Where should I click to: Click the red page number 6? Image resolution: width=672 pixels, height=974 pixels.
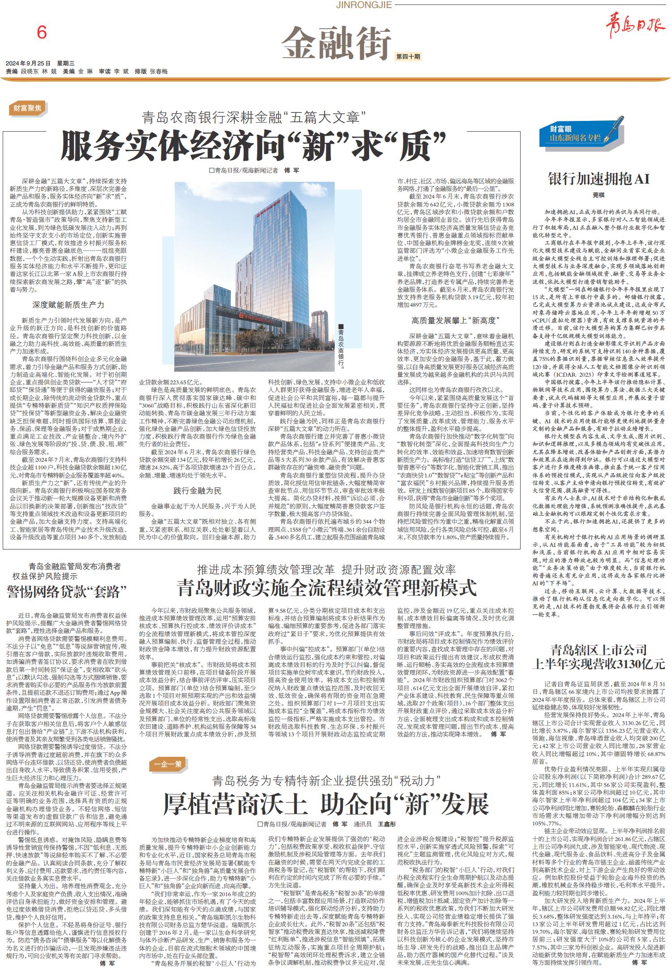(x=42, y=33)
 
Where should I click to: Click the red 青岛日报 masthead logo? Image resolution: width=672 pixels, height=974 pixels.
(x=635, y=28)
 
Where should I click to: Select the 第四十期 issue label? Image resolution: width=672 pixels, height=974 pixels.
(x=408, y=56)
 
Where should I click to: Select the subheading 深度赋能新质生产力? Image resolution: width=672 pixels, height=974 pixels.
(x=68, y=305)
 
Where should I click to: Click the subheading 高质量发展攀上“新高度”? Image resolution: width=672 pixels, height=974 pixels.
(x=456, y=321)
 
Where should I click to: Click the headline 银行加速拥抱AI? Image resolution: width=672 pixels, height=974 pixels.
(x=599, y=179)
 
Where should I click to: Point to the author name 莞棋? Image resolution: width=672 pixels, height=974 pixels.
(x=599, y=195)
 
